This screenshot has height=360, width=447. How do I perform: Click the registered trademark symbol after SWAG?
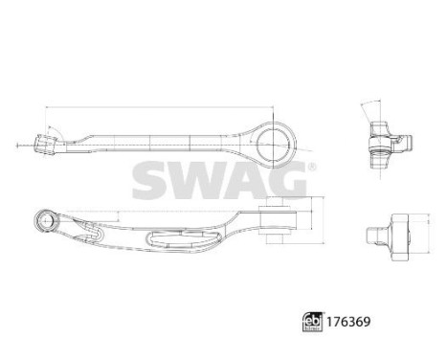click(x=309, y=167)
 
